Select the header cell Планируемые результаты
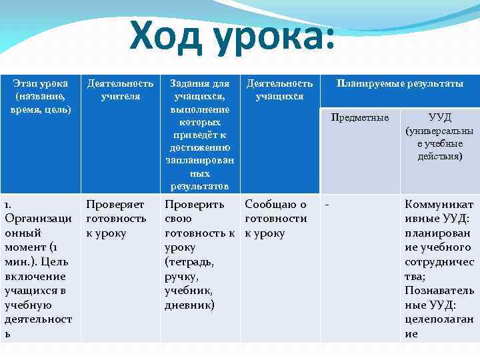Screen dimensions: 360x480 click(400, 84)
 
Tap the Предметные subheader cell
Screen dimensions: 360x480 click(360, 118)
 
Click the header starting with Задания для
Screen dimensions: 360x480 click(200, 84)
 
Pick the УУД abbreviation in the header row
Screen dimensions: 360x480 click(439, 117)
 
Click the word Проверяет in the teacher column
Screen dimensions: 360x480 click(115, 204)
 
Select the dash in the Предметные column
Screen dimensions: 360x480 click(327, 204)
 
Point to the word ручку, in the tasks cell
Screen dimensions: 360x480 click(181, 277)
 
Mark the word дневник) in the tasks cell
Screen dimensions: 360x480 click(190, 305)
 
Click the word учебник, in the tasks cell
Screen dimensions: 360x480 click(189, 291)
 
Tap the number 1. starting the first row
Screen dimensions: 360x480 click(8, 204)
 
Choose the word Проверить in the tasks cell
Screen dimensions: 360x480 click(195, 204)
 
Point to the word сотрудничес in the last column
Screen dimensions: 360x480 click(439, 262)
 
